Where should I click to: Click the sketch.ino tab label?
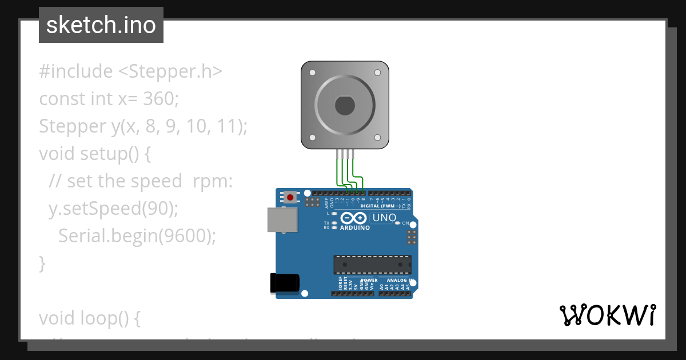click(101, 25)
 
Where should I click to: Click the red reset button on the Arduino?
click(290, 198)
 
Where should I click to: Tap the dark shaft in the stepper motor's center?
click(345, 106)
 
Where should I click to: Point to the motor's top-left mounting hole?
click(312, 73)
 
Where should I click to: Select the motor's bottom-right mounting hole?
click(377, 138)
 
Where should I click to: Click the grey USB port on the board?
click(282, 220)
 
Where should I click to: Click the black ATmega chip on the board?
click(372, 265)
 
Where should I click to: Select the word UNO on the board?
click(384, 218)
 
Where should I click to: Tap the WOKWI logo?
click(607, 315)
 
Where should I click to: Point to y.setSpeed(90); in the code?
click(114, 209)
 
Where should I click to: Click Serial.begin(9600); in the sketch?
click(137, 235)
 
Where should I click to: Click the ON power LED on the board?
click(398, 223)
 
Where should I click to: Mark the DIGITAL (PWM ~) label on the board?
click(380, 206)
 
